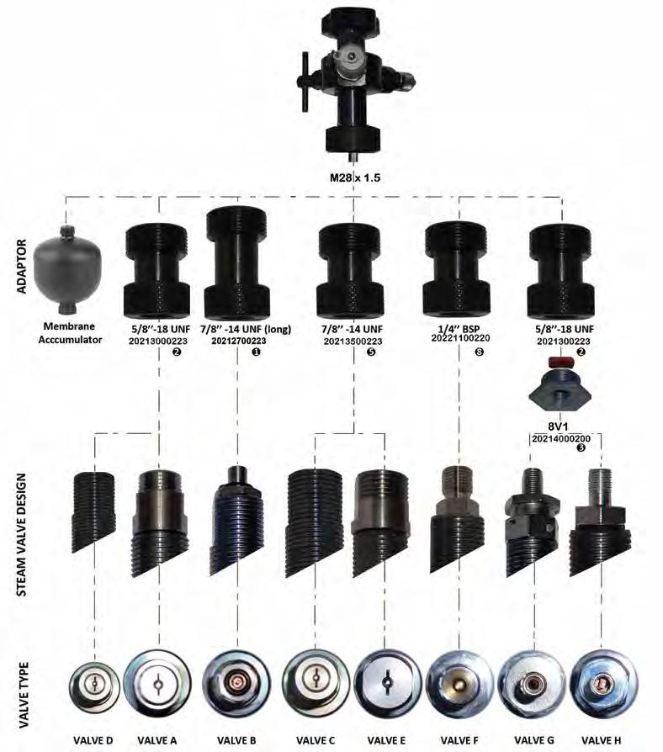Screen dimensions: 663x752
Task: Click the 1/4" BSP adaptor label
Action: pos(459,329)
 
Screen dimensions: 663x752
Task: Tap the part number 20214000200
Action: pos(559,437)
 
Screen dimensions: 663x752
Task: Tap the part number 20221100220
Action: pos(459,342)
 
